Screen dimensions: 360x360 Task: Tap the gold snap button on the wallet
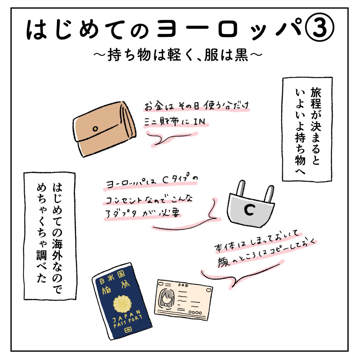95,129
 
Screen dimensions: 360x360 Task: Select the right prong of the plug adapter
269,192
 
